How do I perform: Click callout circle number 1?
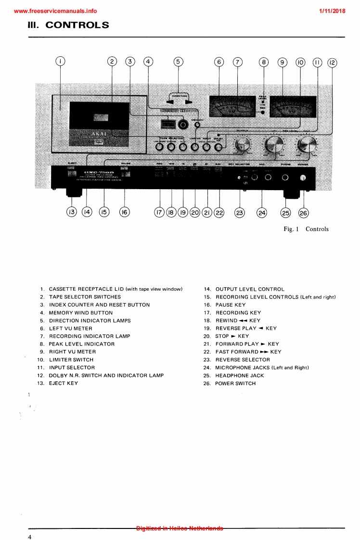pos(60,61)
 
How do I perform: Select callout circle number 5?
pos(178,61)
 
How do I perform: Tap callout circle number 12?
pos(332,62)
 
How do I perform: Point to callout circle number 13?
pos(72,212)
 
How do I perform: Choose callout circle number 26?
pos(303,212)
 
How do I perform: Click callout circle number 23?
pos(239,212)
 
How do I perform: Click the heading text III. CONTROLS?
pos(68,25)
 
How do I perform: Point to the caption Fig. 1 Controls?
pos(306,229)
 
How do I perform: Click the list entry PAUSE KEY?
pos(231,305)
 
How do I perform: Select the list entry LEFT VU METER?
pos(70,328)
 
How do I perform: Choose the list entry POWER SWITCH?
pos(235,383)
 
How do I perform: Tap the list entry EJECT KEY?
pos(63,383)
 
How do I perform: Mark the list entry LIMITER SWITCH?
pos(71,360)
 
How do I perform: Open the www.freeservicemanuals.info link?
pos(55,11)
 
